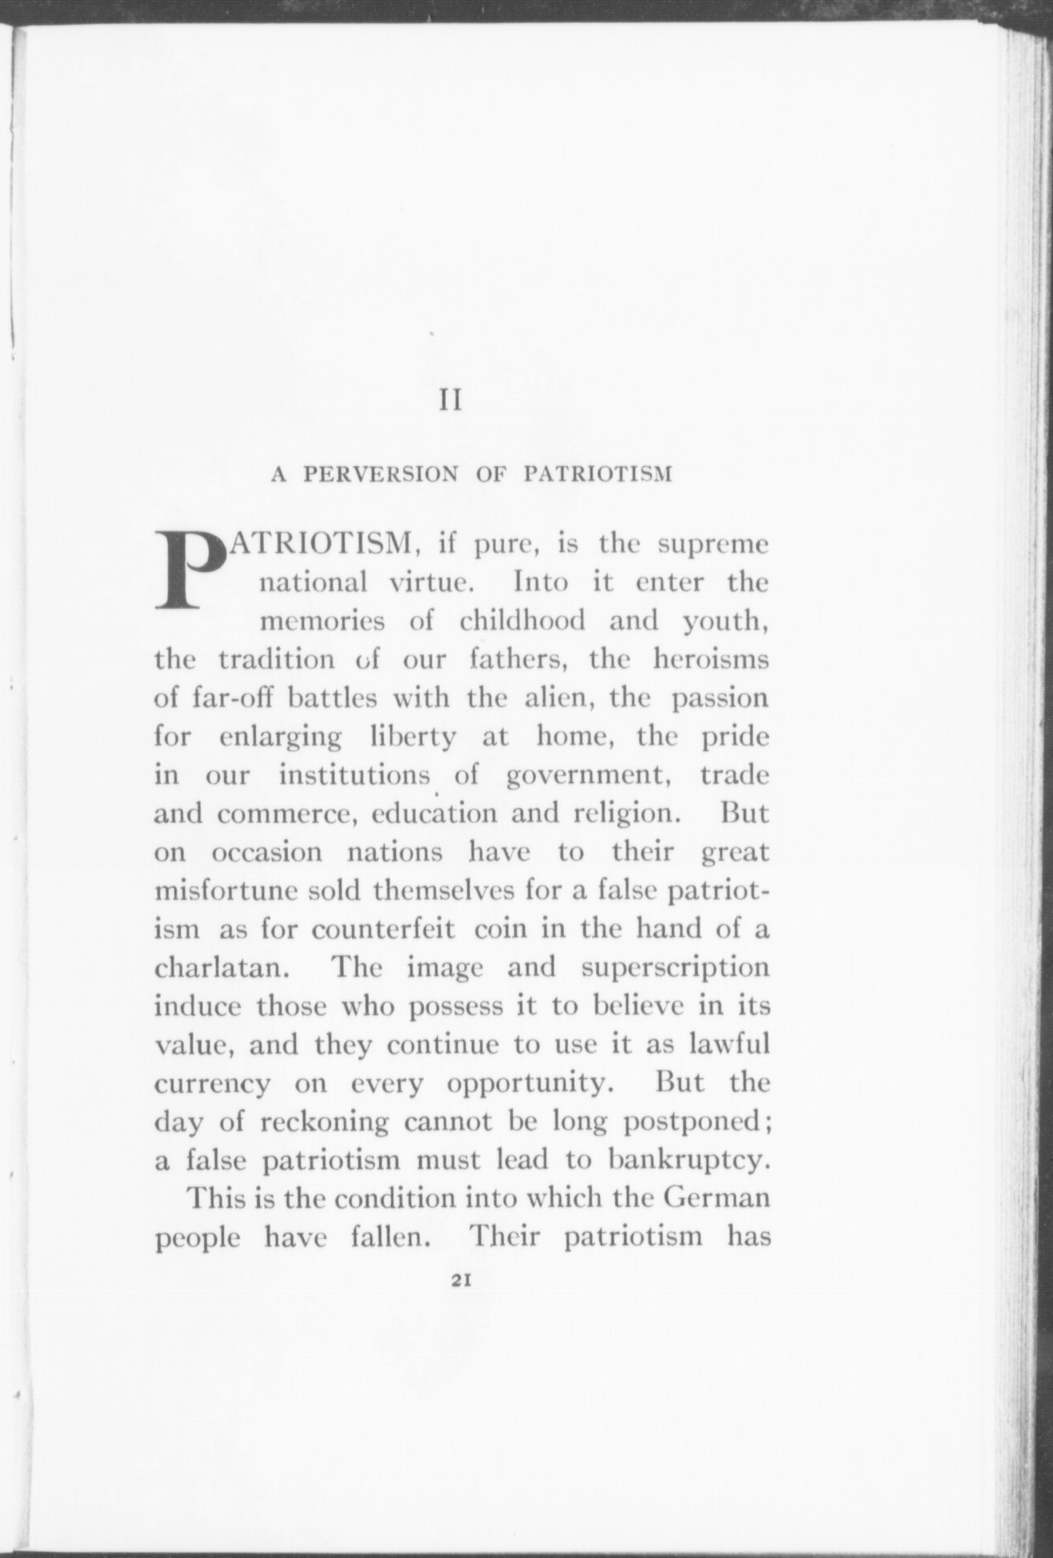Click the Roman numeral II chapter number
pos(452,400)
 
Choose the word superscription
pos(675,968)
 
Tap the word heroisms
pos(711,660)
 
